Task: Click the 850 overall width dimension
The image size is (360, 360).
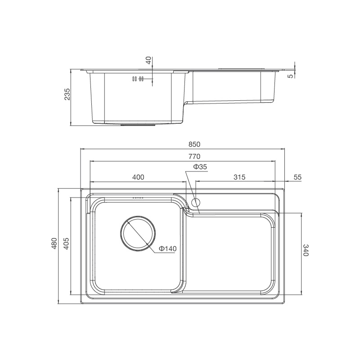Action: click(193, 144)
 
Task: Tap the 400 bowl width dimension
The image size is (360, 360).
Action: click(138, 177)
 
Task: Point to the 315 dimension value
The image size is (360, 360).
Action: click(239, 177)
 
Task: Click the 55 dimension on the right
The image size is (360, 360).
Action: click(297, 177)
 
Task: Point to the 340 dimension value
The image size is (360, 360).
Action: click(306, 250)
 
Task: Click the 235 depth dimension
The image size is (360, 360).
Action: click(67, 94)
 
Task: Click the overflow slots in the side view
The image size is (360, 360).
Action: click(137, 79)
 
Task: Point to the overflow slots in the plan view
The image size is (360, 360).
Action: click(137, 197)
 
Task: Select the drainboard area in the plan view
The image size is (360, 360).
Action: click(229, 252)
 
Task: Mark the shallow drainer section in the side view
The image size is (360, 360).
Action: click(229, 88)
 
